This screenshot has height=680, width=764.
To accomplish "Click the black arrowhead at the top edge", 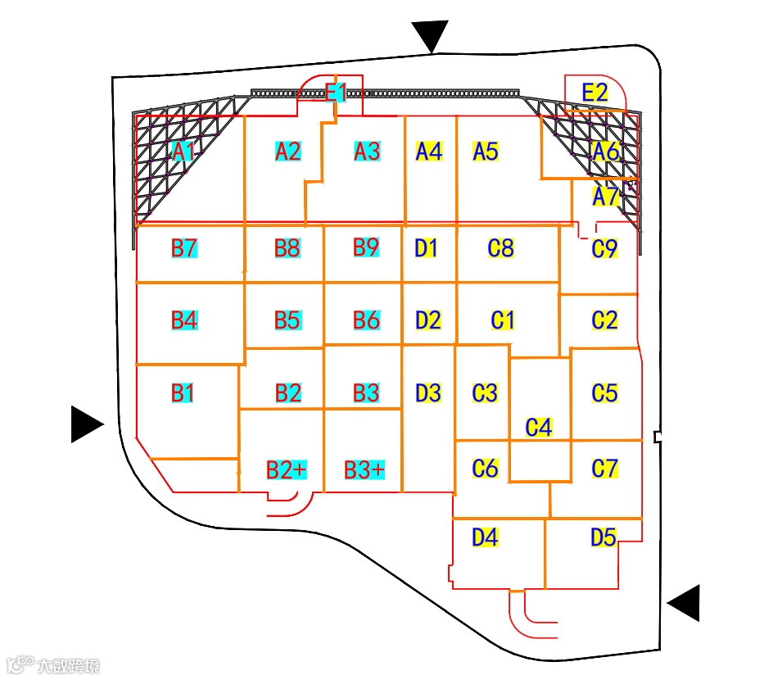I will coord(431,35).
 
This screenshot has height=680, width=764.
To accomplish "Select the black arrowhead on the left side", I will coord(86,424).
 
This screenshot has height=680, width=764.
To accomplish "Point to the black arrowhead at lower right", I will coord(685,603).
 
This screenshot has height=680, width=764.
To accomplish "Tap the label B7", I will coord(184,247).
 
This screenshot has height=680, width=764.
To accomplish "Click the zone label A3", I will coord(367,152).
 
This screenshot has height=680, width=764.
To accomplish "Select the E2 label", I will coord(594,93).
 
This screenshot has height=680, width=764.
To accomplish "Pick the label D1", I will coord(427,247).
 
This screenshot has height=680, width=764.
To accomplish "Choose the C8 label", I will coord(500,247).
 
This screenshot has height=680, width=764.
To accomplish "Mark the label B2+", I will coord(287,469).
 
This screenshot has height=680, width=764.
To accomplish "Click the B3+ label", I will coord(364,469).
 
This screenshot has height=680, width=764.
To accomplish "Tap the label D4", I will coord(485,537).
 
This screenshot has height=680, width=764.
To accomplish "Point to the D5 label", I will coord(604,537).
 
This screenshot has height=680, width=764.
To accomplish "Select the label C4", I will coord(539,427).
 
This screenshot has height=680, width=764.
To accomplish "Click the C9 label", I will coord(604,249).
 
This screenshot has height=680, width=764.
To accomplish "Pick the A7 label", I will coord(606,197).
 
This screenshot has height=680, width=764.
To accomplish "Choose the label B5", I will coord(287,320).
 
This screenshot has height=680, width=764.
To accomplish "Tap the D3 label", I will coord(428,393).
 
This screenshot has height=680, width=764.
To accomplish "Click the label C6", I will coord(486,469).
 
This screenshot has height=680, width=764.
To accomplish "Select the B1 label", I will coord(183,393).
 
